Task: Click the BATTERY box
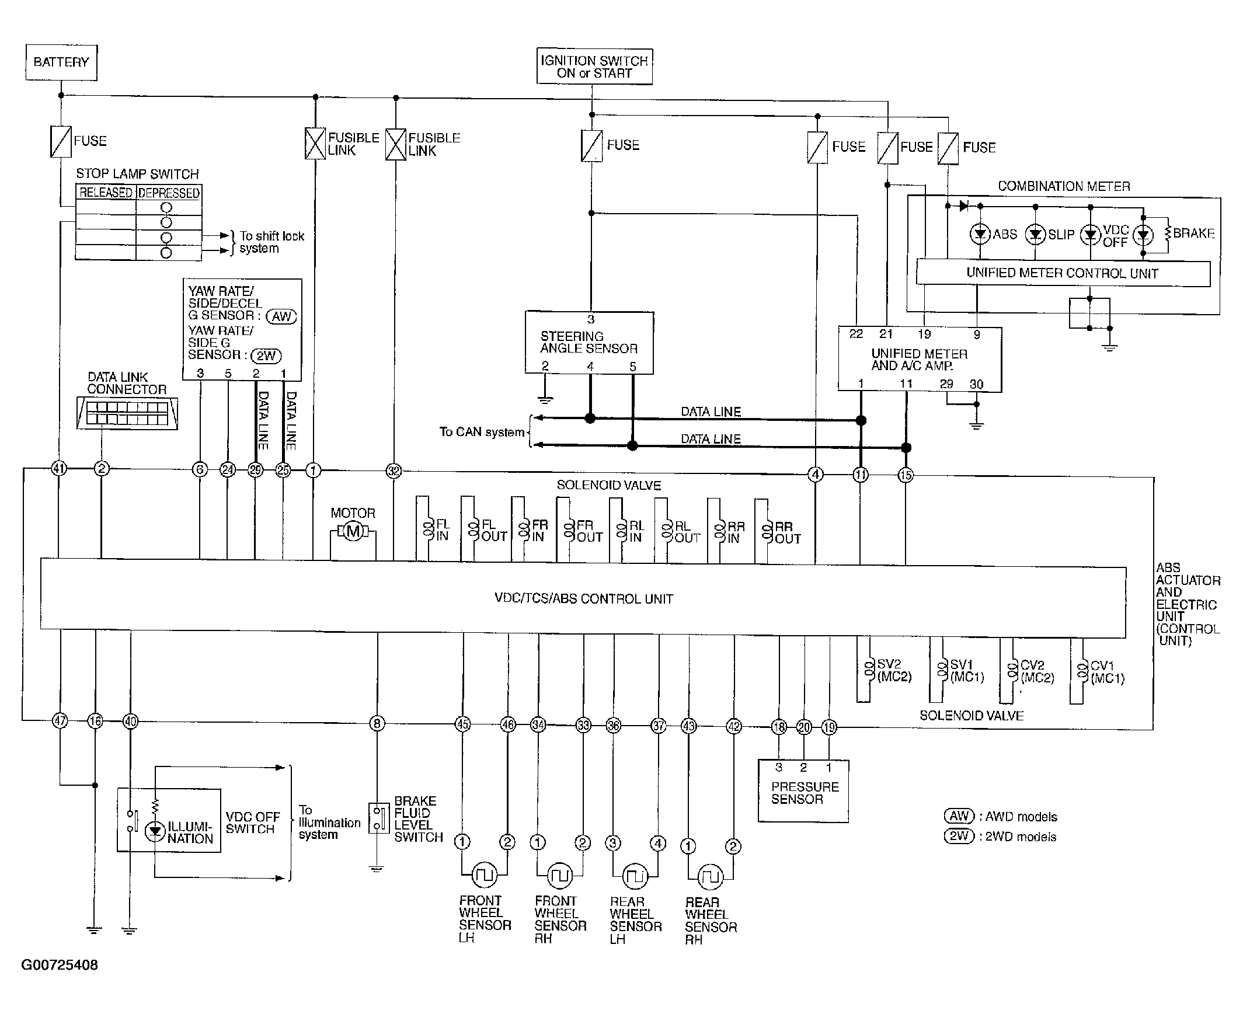[61, 62]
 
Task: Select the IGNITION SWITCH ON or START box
[594, 67]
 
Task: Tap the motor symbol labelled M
[353, 532]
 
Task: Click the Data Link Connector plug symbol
[127, 414]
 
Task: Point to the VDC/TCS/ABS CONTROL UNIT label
[583, 599]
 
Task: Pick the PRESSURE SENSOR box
[803, 791]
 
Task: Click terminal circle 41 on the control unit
[59, 468]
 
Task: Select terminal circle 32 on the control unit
[394, 471]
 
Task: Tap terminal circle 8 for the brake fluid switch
[377, 724]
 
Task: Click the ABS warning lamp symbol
[980, 235]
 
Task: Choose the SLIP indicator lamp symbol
[1035, 235]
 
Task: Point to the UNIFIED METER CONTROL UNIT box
[1063, 273]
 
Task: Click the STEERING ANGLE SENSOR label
[588, 342]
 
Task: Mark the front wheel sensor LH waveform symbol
[484, 874]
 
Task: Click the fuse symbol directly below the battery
[61, 142]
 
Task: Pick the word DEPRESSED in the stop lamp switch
[169, 193]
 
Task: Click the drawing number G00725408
[60, 965]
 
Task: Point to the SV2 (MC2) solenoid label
[894, 671]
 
